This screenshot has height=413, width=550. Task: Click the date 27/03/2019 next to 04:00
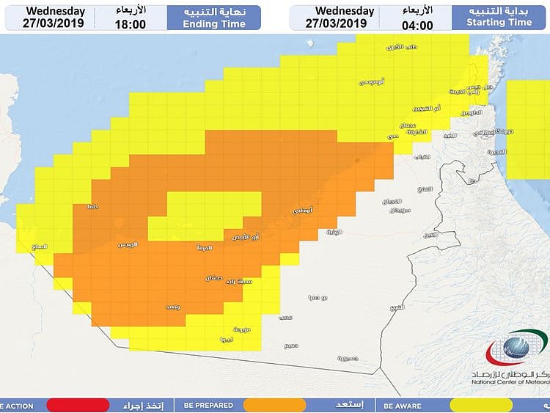coord(336,23)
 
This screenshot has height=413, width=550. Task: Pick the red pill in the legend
coord(78,405)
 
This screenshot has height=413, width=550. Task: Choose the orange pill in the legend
coord(274,405)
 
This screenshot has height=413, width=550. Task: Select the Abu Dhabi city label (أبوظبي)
coord(302,211)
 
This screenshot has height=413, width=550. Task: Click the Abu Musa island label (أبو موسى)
coord(372,81)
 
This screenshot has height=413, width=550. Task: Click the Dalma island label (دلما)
coord(92,207)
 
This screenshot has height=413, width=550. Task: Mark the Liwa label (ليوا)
coord(227,340)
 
